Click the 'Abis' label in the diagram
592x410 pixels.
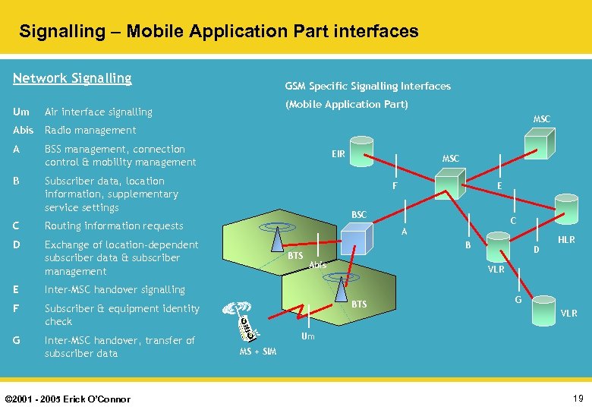[x=317, y=265]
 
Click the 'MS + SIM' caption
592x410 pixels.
[x=258, y=352]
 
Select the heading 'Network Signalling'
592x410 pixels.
[x=73, y=78]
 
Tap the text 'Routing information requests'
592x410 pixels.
[x=114, y=225]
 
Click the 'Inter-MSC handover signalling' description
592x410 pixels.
[x=115, y=289]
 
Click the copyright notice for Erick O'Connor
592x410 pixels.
[x=68, y=399]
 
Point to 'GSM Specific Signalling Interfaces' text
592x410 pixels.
[x=367, y=86]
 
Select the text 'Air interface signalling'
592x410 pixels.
[x=99, y=112]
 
